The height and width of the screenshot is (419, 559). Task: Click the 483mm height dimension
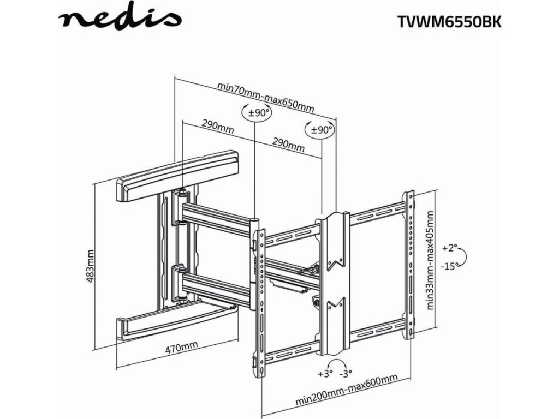(x=90, y=268)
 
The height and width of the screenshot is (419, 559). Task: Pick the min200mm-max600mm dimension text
(x=346, y=391)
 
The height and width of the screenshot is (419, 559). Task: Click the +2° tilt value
(x=449, y=248)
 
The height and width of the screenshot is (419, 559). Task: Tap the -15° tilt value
(x=448, y=266)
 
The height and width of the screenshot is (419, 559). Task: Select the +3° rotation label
(x=324, y=374)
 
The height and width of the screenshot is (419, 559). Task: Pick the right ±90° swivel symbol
(x=321, y=130)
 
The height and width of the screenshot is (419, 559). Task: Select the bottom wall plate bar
(x=175, y=324)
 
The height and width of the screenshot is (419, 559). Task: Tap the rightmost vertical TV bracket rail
(x=408, y=262)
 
